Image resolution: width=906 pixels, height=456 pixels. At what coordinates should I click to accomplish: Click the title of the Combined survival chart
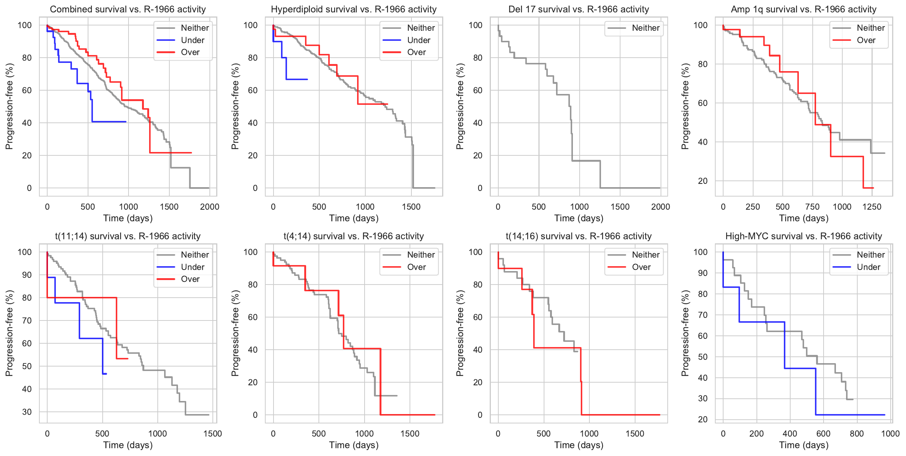click(128, 9)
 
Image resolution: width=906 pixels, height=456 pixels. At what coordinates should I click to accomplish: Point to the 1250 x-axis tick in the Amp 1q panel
click(872, 207)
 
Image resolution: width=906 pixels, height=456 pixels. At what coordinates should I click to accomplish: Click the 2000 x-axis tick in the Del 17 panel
click(661, 207)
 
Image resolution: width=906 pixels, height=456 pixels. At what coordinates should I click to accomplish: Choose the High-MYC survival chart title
click(804, 236)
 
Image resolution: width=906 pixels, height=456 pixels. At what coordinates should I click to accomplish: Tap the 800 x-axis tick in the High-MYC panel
click(857, 434)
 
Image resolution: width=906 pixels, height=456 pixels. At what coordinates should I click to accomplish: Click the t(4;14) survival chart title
click(354, 236)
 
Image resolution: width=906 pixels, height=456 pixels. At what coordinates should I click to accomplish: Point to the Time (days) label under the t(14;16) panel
click(579, 445)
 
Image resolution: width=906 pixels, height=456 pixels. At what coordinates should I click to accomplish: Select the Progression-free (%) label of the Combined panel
click(9, 106)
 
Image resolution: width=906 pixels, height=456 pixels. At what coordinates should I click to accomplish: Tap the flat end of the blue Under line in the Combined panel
click(112, 122)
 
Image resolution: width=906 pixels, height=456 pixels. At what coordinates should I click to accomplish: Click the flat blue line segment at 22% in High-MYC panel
click(851, 415)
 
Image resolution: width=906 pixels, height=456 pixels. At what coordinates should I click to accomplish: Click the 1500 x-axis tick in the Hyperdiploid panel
click(411, 207)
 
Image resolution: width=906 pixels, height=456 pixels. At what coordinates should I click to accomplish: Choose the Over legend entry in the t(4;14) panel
click(416, 267)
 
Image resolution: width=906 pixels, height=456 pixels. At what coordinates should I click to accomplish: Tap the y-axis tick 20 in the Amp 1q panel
click(703, 181)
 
